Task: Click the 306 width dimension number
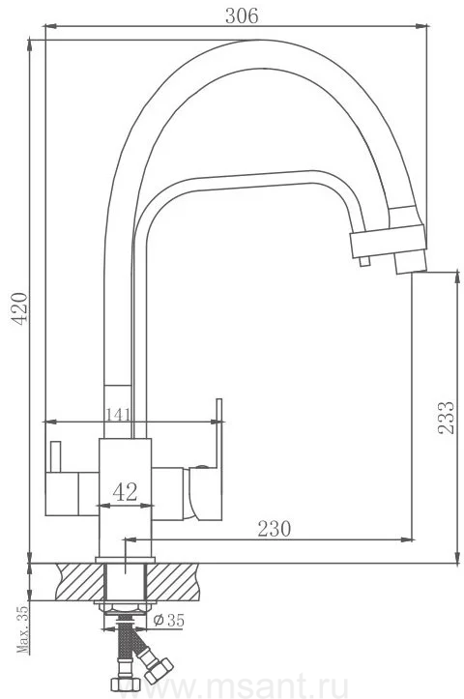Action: coord(242,16)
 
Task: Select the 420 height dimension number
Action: coord(19,309)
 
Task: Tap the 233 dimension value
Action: coord(446,418)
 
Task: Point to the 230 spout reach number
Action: coord(275,529)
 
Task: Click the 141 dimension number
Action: coord(118,415)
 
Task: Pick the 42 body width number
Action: coord(126,492)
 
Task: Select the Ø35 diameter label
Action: coord(168,620)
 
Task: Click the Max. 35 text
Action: coord(22,629)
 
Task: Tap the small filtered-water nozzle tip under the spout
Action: coord(364,261)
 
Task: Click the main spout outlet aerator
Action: coord(410,262)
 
